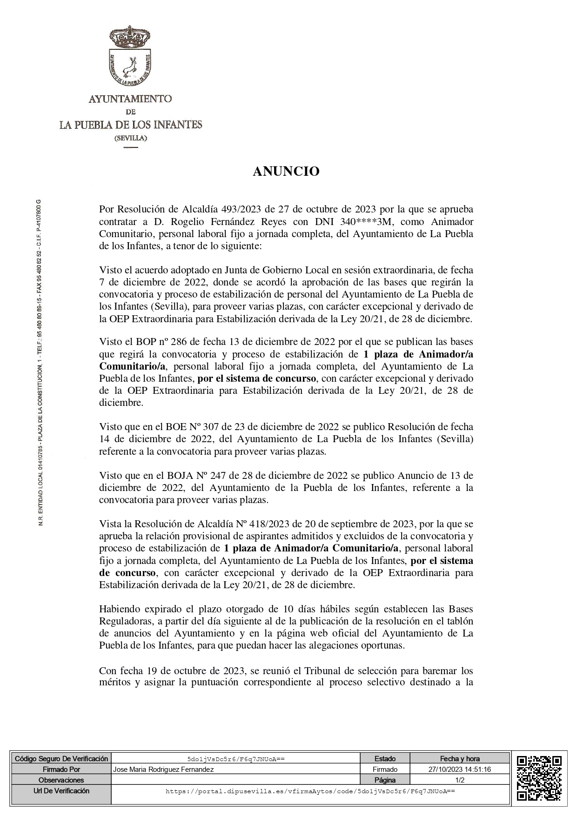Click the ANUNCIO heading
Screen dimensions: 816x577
click(286, 172)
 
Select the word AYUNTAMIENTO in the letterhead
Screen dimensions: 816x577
click(130, 99)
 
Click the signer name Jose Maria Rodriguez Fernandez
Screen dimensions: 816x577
click(163, 770)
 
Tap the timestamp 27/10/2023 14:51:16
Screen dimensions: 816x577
click(460, 770)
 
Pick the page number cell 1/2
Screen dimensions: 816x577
click(460, 780)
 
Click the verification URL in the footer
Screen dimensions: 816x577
click(310, 791)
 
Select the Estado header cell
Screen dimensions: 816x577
click(385, 759)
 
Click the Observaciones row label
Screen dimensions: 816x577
click(61, 780)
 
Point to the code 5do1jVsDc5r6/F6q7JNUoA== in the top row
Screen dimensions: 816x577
click(235, 759)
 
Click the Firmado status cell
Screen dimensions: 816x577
click(385, 770)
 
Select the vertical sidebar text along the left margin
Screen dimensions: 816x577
click(40, 363)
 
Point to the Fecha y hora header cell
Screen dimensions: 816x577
click(460, 759)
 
